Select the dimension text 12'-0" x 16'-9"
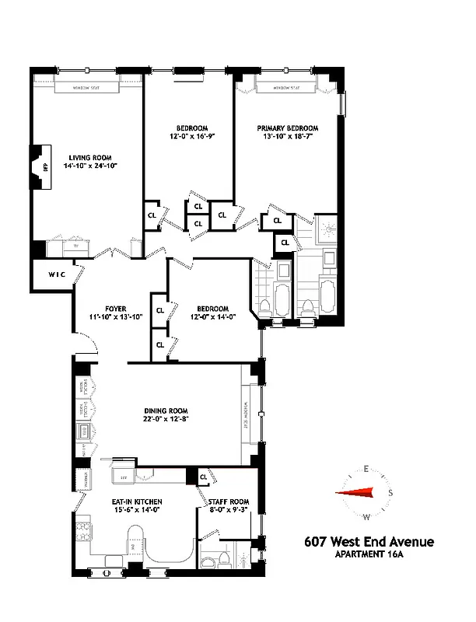point(191,136)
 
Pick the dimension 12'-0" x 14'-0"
point(212,316)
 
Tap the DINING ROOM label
point(166,411)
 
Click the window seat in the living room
point(93,88)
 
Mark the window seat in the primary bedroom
point(286,88)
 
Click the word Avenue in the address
point(404,542)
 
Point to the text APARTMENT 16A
point(373,554)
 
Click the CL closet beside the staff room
point(202,477)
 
